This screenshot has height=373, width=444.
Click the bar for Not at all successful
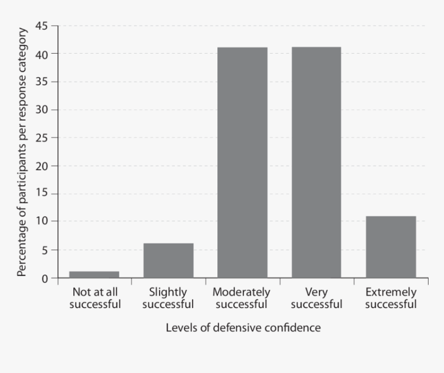[x=94, y=274]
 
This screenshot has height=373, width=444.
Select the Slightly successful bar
[x=168, y=261]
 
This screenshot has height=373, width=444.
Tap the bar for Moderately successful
[x=242, y=163]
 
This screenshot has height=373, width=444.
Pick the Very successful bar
[x=316, y=163]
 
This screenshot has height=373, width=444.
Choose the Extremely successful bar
[x=391, y=247]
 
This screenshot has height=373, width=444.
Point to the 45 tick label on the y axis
[x=42, y=25]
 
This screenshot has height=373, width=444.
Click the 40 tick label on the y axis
[x=42, y=54]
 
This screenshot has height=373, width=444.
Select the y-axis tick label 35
[x=42, y=82]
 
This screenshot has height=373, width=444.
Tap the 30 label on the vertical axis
[x=42, y=110]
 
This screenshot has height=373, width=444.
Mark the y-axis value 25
[x=42, y=138]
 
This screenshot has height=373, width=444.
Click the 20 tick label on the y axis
[x=42, y=166]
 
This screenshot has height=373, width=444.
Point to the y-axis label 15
[x=42, y=194]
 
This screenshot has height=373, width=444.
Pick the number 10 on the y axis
[x=42, y=222]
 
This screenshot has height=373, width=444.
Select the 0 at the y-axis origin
[x=45, y=279]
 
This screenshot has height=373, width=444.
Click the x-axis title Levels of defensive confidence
[x=243, y=328]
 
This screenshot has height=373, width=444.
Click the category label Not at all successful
[x=94, y=298]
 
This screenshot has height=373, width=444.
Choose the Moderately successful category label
[x=242, y=298]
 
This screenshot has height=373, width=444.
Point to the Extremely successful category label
[x=391, y=298]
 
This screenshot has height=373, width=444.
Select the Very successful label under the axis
[x=316, y=298]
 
